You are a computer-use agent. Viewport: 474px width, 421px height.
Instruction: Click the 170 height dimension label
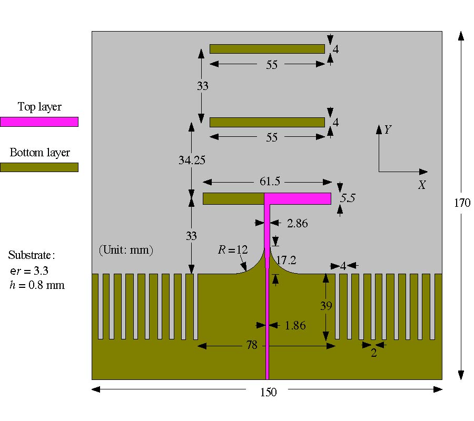coord(462,203)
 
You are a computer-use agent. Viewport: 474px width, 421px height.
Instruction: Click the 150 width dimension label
coord(268,392)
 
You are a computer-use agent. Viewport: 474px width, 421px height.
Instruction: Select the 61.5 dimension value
coord(270,182)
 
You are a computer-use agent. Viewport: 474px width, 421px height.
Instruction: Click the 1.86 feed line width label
coord(295,326)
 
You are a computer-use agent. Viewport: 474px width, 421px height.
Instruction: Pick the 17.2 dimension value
coord(287,260)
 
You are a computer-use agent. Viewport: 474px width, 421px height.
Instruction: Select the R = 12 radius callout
coord(232,249)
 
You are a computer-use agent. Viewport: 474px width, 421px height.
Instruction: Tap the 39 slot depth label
coord(327,306)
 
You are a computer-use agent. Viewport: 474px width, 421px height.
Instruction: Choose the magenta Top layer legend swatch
coord(39,122)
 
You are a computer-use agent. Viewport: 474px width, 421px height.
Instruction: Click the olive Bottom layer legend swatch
coord(39,167)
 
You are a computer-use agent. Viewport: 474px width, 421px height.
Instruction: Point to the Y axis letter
coord(387,129)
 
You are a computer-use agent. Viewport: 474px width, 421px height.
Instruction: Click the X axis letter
coord(421,185)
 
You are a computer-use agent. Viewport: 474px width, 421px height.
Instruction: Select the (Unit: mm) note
coord(126,250)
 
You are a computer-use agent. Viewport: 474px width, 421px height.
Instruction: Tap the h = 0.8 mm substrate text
coord(36,286)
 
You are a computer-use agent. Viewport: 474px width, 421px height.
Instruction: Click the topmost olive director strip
coord(267,49)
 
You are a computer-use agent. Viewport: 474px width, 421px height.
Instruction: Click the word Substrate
coord(31,256)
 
